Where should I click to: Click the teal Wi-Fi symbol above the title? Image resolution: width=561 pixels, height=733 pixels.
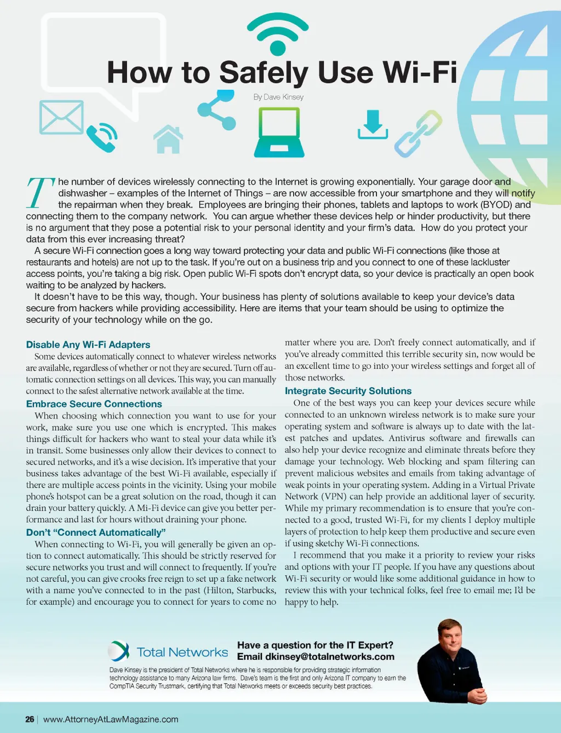click(278, 34)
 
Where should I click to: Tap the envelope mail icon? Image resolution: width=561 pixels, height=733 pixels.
click(61, 117)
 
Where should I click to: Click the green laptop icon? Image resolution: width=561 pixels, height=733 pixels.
click(279, 133)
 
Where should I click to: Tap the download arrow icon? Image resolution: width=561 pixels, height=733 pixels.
click(373, 125)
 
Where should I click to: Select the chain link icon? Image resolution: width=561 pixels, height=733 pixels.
click(418, 134)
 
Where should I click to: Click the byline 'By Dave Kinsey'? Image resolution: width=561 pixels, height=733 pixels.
click(278, 97)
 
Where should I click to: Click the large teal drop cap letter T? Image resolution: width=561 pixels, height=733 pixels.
click(40, 192)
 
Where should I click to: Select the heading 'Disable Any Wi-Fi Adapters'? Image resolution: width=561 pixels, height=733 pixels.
click(88, 344)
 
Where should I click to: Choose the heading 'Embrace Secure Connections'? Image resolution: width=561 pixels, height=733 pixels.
click(94, 404)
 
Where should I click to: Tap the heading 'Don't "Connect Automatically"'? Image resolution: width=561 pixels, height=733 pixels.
click(96, 533)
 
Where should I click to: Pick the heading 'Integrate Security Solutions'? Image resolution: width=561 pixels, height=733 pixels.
click(348, 391)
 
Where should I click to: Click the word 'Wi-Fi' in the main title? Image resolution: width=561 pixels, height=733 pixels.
click(419, 72)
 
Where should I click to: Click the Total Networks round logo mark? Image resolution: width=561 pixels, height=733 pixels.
click(118, 651)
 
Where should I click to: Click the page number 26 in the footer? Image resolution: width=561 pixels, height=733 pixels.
click(30, 719)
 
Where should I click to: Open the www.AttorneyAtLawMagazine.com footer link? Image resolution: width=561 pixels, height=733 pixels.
click(111, 719)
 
